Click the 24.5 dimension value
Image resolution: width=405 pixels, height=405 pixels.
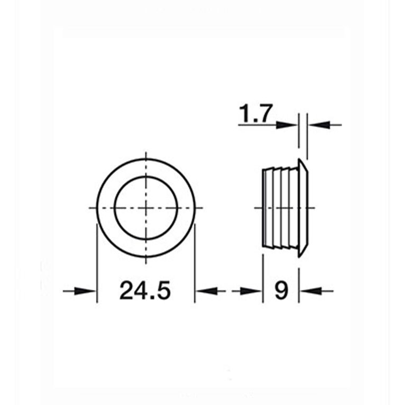[x=145, y=290]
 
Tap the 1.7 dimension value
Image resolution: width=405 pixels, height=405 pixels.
[x=255, y=114]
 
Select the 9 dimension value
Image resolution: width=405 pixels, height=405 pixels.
[x=281, y=290]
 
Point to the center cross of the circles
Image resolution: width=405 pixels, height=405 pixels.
[x=145, y=207]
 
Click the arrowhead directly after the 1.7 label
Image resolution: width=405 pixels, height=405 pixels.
[x=289, y=125]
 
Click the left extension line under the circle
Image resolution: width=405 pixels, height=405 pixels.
[x=97, y=264]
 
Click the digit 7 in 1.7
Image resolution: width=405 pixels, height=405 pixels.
[x=265, y=114]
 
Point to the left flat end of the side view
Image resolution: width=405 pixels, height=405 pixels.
[x=263, y=208]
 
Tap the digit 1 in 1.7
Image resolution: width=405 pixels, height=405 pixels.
[x=244, y=114]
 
